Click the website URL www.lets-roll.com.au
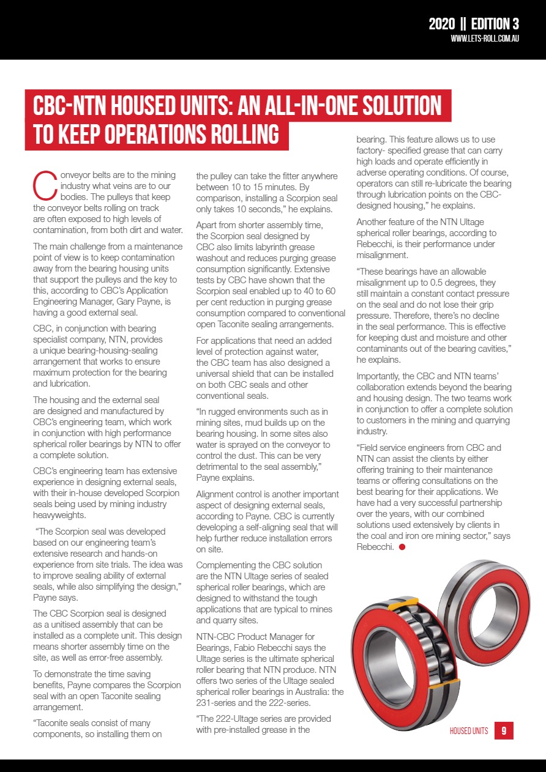click(x=485, y=39)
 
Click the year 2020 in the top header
click(x=441, y=24)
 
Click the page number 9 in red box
click(x=503, y=730)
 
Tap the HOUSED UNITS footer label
click(x=469, y=731)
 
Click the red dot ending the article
click(x=402, y=547)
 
